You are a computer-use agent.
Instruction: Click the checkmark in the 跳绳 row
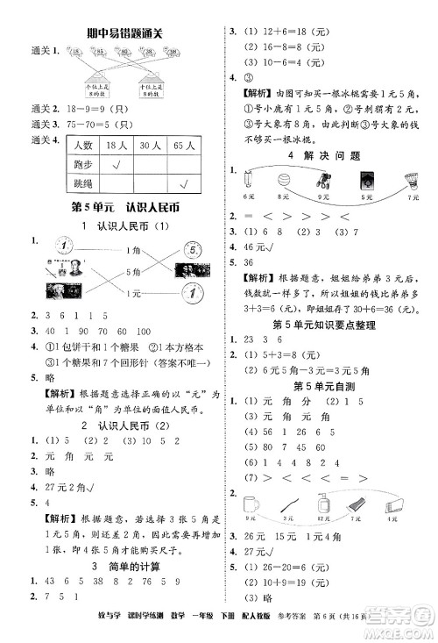click(x=185, y=183)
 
